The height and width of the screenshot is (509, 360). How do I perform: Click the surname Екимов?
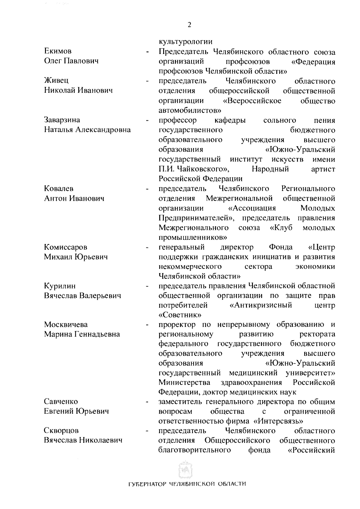tap(58, 51)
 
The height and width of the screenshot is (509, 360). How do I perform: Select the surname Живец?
tap(56, 81)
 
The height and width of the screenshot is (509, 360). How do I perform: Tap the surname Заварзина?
tap(62, 120)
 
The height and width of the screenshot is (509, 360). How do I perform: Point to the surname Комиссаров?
tap(66, 247)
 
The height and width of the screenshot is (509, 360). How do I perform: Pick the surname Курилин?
tap(60, 286)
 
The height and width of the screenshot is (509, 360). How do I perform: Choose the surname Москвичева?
tap(66, 325)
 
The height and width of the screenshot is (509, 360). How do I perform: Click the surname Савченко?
tap(61, 402)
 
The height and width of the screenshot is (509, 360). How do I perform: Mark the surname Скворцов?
tap(61, 431)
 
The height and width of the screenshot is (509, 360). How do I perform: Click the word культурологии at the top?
tap(186, 42)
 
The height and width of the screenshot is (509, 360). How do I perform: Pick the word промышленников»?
tap(193, 238)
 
